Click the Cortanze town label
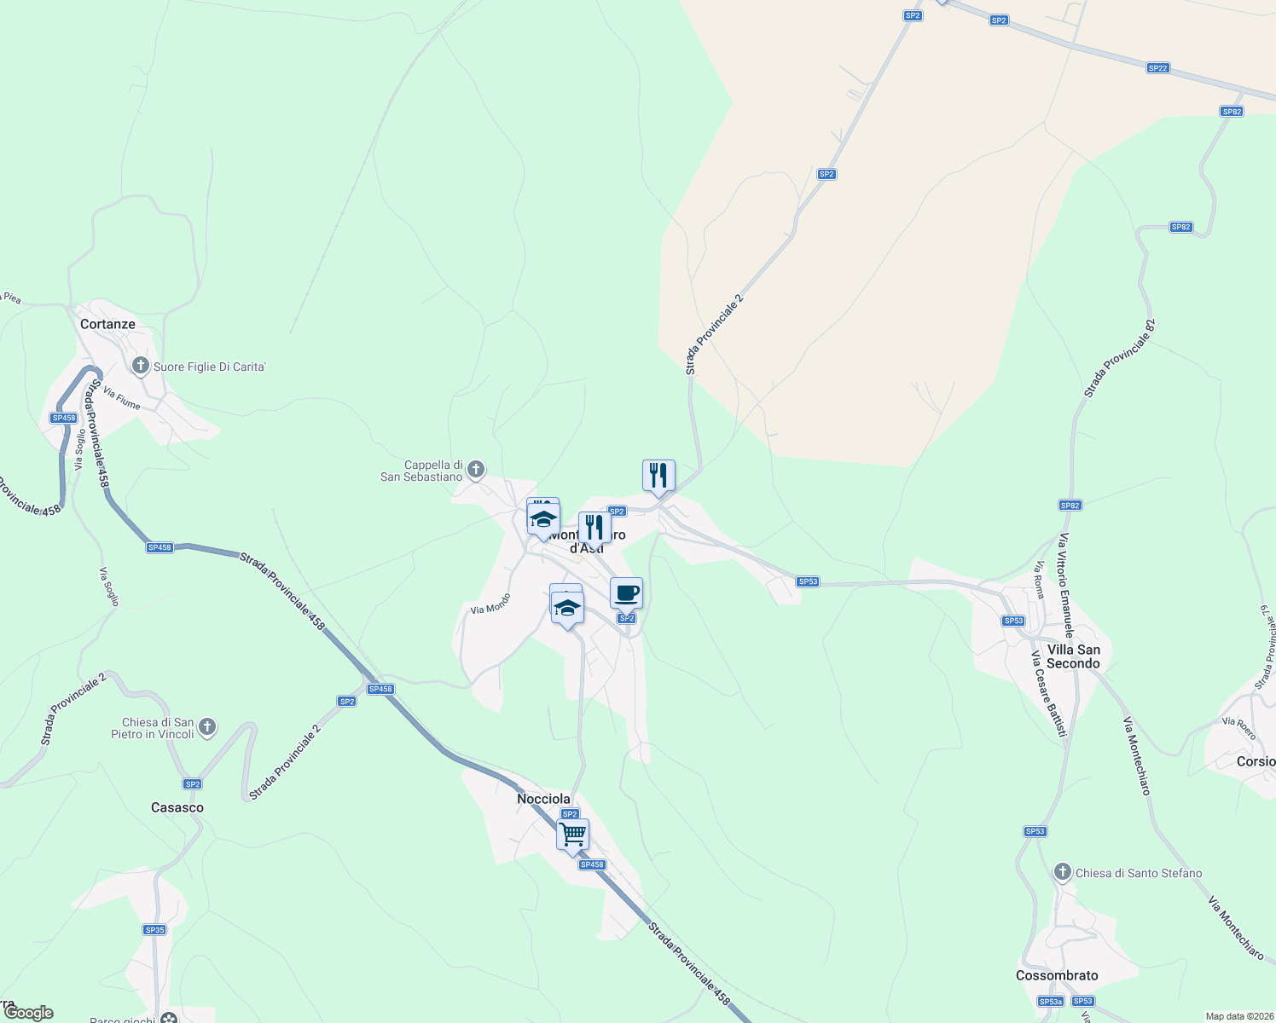click(x=107, y=324)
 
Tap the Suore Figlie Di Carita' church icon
click(x=141, y=367)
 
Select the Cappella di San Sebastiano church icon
click(x=476, y=469)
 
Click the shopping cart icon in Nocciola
click(x=572, y=834)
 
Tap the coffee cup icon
click(x=626, y=592)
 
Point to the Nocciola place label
click(x=543, y=799)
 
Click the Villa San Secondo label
click(x=1073, y=656)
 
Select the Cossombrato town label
click(x=1057, y=975)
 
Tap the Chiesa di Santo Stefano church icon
click(x=1062, y=872)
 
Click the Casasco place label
click(x=177, y=807)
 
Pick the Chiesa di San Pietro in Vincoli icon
click(x=207, y=727)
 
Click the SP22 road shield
click(x=1157, y=68)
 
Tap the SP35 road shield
click(x=154, y=930)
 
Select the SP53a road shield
click(x=1050, y=1001)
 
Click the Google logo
click(x=29, y=1013)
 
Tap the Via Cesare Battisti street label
click(x=1049, y=694)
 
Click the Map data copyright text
click(x=1238, y=1016)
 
